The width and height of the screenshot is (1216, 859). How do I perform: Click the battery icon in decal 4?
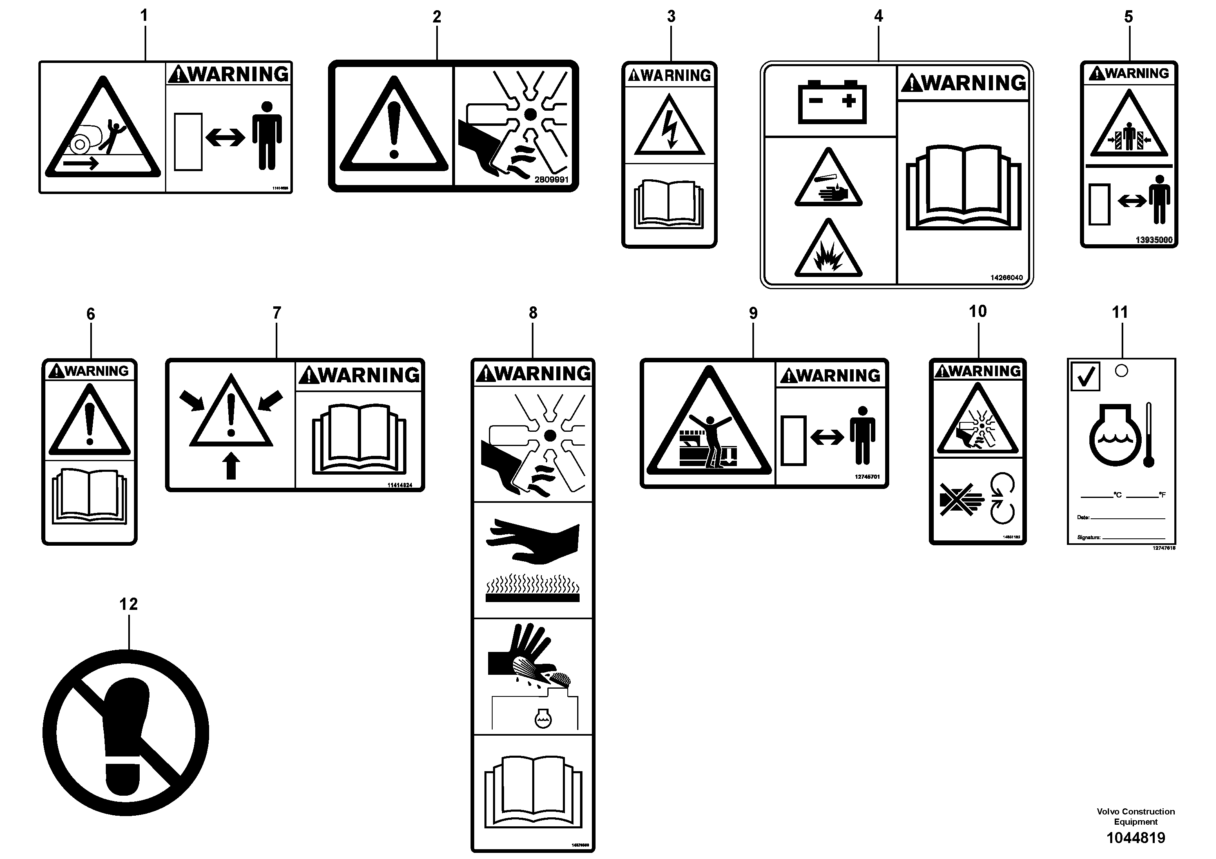pyautogui.click(x=832, y=102)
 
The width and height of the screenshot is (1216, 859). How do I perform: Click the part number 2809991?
pyautogui.click(x=551, y=180)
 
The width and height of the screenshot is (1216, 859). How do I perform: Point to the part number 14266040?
pyautogui.click(x=1006, y=277)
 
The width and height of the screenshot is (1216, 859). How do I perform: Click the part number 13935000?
pyautogui.click(x=1154, y=240)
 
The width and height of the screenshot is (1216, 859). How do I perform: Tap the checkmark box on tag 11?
pyautogui.click(x=1085, y=377)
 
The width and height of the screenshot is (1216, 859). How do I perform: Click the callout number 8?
pyautogui.click(x=533, y=313)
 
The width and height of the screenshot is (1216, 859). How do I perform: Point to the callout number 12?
pyautogui.click(x=128, y=604)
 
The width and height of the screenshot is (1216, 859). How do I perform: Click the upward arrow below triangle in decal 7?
pyautogui.click(x=231, y=466)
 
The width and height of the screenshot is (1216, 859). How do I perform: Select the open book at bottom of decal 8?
pyautogui.click(x=533, y=792)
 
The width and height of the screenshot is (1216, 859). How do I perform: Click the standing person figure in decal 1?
pyautogui.click(x=266, y=136)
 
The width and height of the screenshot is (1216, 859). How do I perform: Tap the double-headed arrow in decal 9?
pyautogui.click(x=827, y=437)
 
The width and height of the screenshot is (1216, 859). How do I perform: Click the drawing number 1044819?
pyautogui.click(x=1136, y=838)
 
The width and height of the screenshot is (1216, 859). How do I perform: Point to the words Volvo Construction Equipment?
pyautogui.click(x=1136, y=817)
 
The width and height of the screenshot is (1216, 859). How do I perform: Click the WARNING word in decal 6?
pyautogui.click(x=96, y=371)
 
